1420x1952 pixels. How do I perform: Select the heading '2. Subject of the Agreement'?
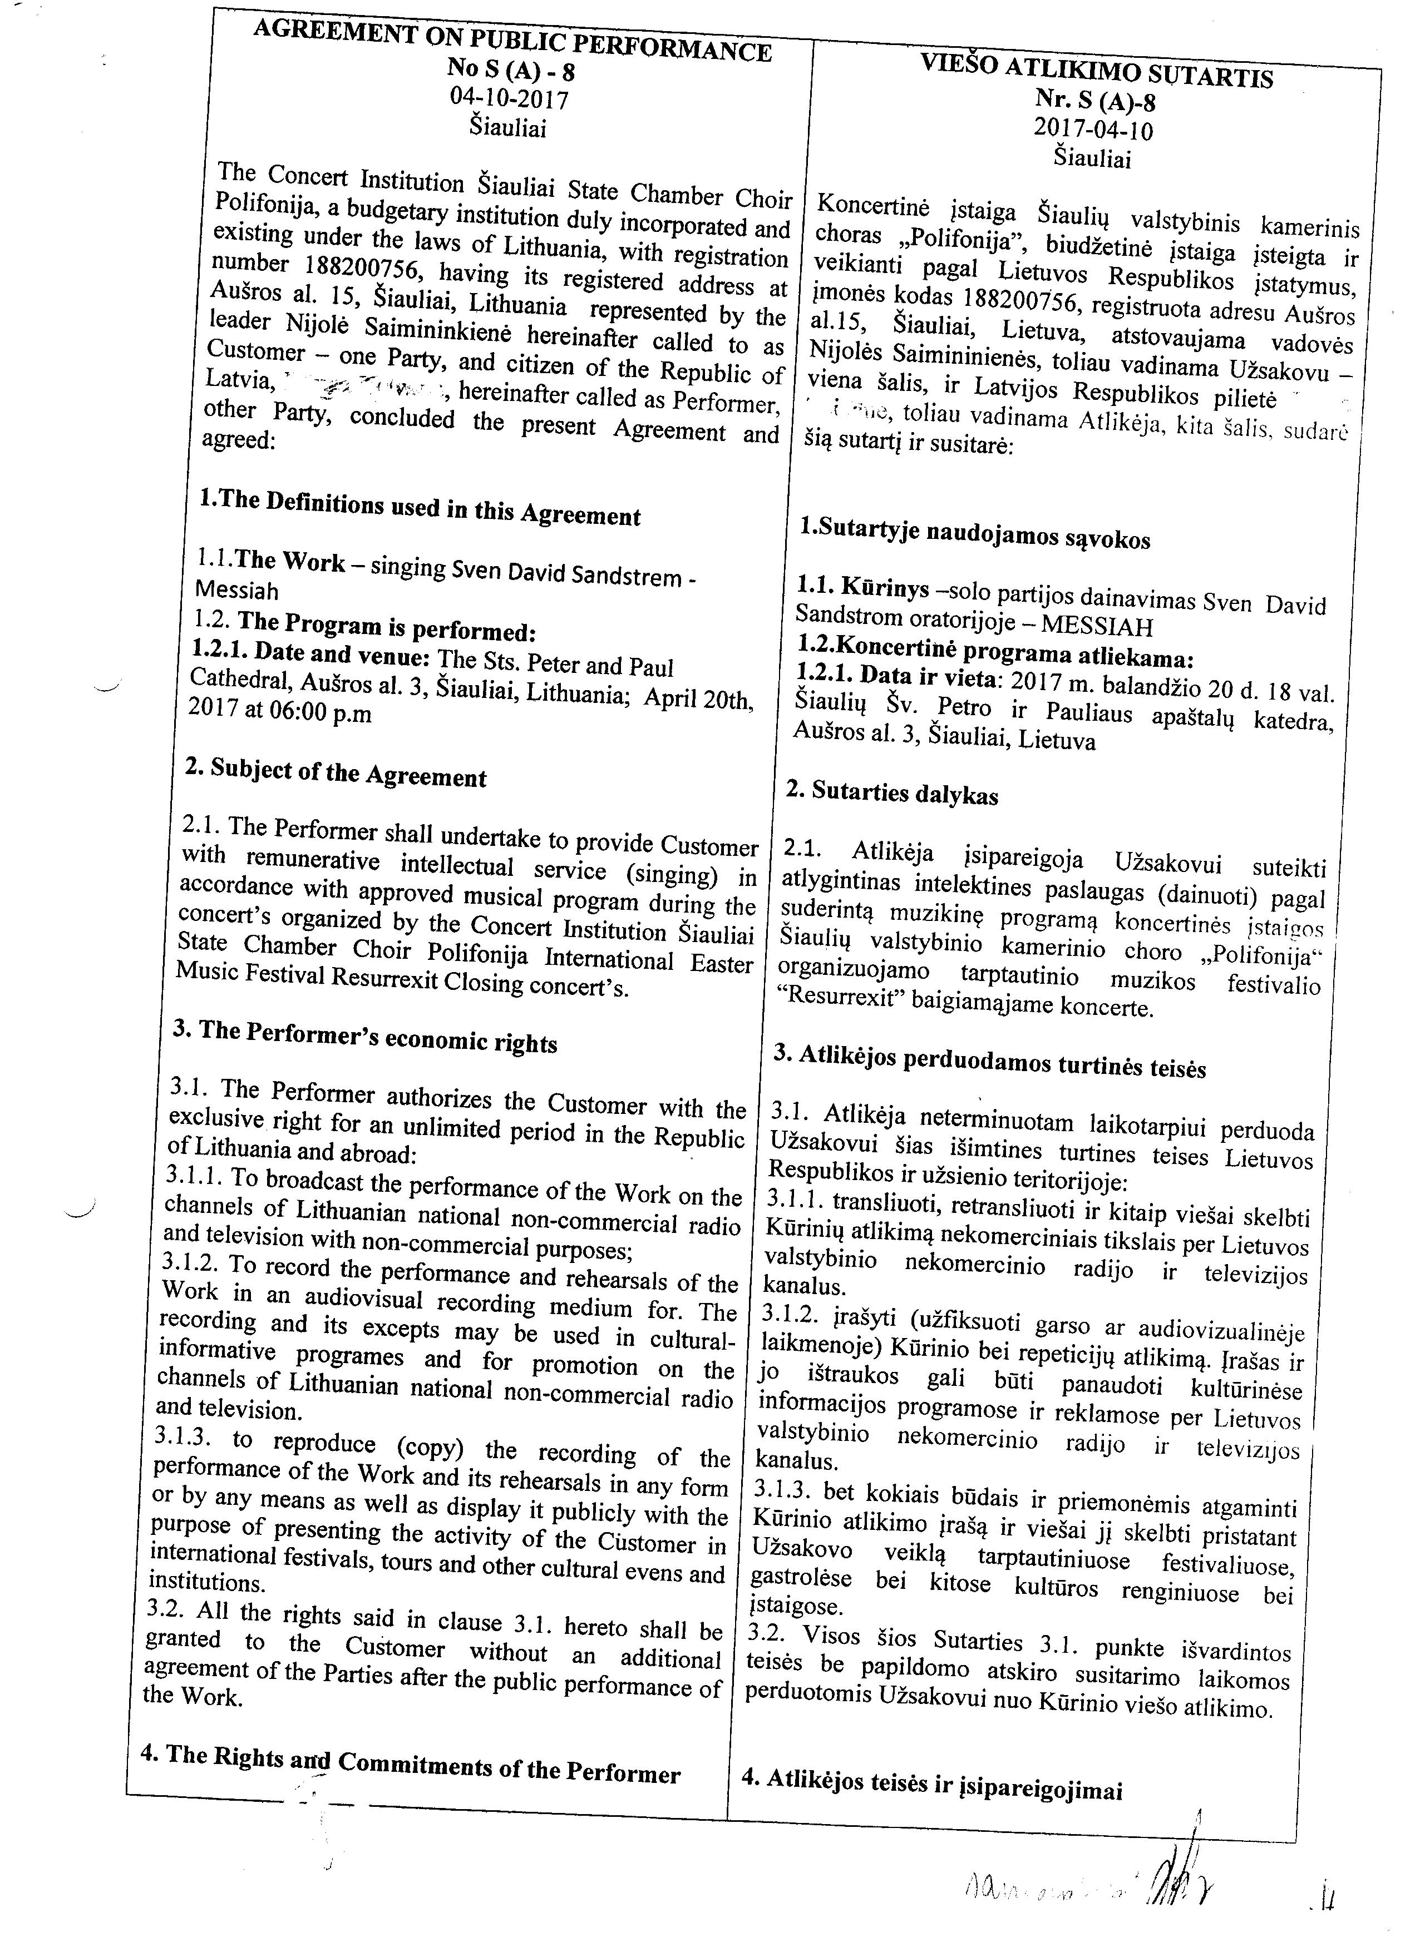coord(336,772)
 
